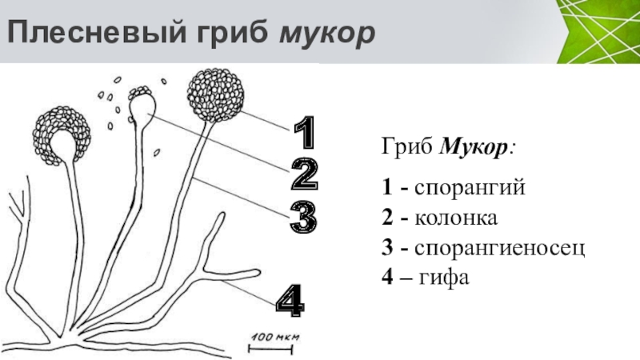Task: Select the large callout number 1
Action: pos(304,133)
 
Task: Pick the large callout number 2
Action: pos(304,174)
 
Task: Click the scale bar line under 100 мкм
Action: pos(272,347)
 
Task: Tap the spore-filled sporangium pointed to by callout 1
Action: pos(214,94)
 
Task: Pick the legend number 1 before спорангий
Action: pos(386,188)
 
